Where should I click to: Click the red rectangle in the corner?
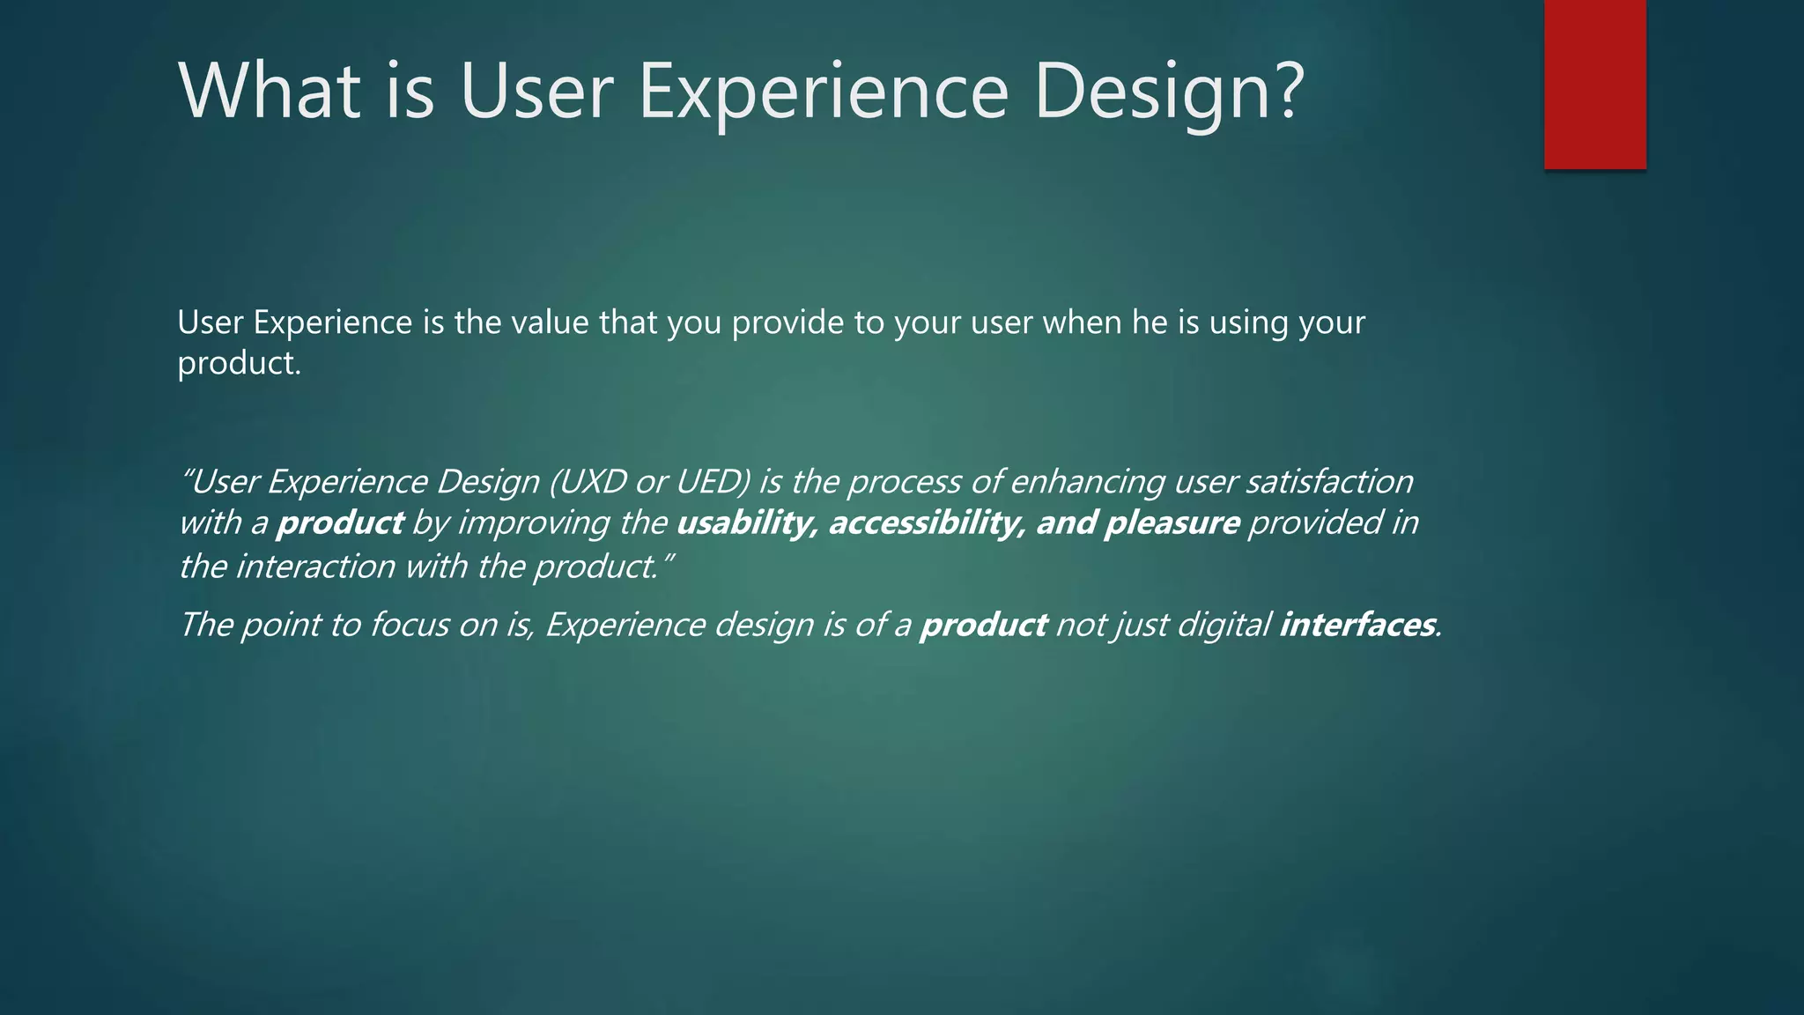(x=1594, y=84)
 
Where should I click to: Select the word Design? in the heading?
(x=1168, y=92)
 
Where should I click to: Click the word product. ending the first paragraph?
(x=239, y=363)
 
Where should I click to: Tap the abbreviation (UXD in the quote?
(x=588, y=482)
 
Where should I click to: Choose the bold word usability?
(x=747, y=523)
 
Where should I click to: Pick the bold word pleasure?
(x=1172, y=523)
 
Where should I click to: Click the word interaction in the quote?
(x=315, y=567)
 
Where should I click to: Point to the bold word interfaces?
(x=1357, y=625)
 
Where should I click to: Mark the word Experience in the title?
(x=823, y=92)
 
